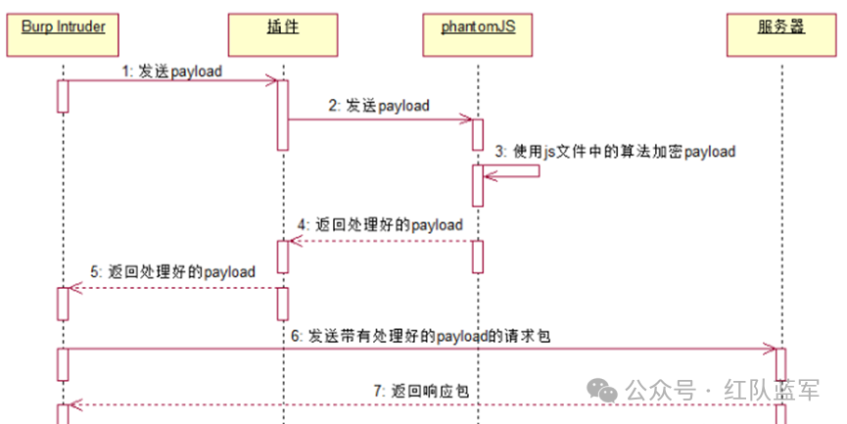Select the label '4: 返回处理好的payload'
pos(381,224)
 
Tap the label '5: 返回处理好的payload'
pos(173,271)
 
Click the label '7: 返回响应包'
pos(417,391)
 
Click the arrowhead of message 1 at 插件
pos(273,81)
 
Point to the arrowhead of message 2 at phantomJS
pos(469,119)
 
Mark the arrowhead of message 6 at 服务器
pos(772,349)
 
